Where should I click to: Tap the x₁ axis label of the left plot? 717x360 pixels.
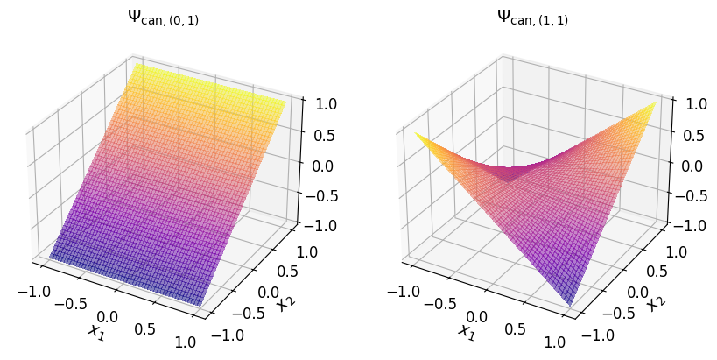[x=95, y=331]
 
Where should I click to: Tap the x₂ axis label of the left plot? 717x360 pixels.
[x=284, y=303]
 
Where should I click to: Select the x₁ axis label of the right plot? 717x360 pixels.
[x=465, y=331]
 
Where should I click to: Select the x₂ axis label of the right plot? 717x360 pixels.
[x=654, y=303]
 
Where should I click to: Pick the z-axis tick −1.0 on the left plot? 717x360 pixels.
[x=319, y=226]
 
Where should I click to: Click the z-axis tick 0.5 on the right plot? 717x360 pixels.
[x=692, y=134]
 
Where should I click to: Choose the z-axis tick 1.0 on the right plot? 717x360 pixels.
[x=692, y=102]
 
